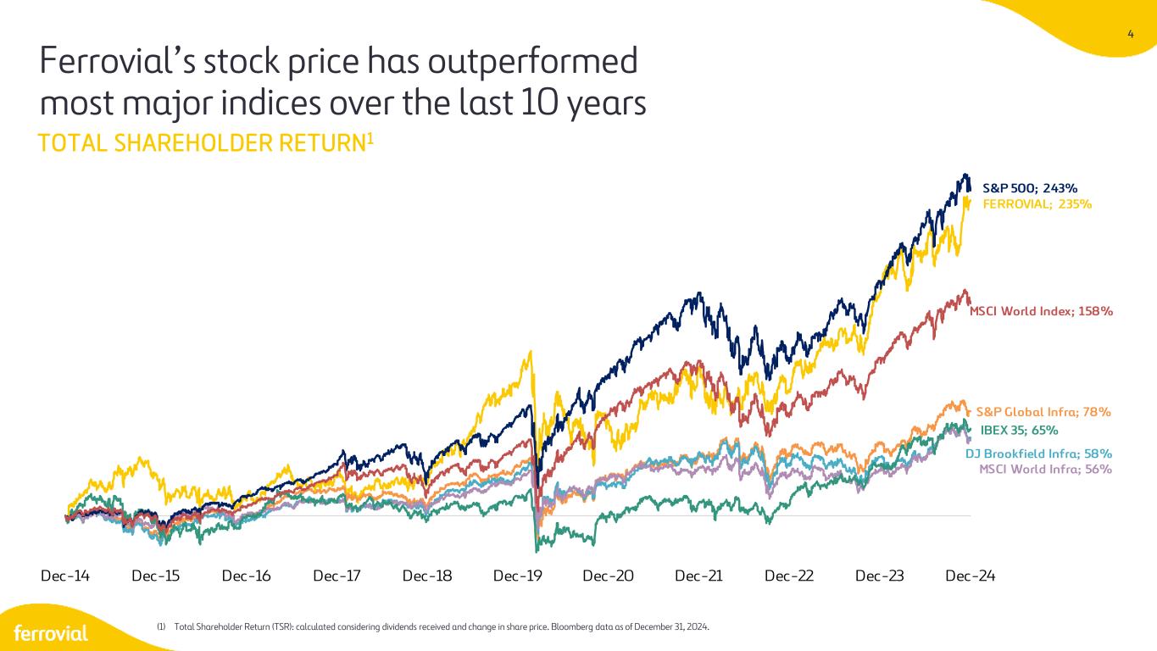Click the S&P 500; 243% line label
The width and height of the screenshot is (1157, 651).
point(1029,188)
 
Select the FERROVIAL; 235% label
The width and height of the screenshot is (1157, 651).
point(1037,204)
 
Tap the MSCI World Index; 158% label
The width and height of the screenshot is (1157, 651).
point(1041,311)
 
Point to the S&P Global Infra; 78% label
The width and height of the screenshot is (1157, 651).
point(1043,412)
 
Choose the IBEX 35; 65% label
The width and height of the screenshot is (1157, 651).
point(1019,430)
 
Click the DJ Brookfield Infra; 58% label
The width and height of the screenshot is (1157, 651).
point(1038,453)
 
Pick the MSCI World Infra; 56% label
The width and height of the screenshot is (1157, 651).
point(1045,469)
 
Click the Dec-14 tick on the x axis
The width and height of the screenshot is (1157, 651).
point(65,576)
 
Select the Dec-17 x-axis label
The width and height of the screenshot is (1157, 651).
point(337,576)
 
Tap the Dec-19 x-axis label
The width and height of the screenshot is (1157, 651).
point(518,576)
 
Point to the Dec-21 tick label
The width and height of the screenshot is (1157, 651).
point(698,576)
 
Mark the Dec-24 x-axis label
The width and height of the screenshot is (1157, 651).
point(970,576)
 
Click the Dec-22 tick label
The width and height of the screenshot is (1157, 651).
point(789,576)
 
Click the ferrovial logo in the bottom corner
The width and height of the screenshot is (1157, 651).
point(51,633)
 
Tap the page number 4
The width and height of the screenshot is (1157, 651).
point(1131,35)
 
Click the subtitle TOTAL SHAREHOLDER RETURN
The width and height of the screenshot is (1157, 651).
point(203,143)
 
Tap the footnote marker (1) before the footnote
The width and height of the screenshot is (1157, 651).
point(161,627)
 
